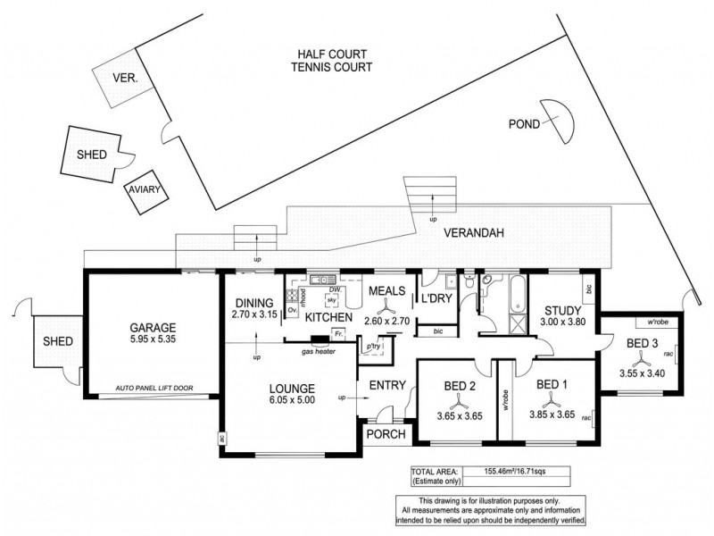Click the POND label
(523, 124)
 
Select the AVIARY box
(142, 191)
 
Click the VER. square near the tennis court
(124, 79)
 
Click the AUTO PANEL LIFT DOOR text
(155, 389)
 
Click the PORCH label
(386, 435)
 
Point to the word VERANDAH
(475, 233)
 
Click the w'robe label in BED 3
(646, 322)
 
